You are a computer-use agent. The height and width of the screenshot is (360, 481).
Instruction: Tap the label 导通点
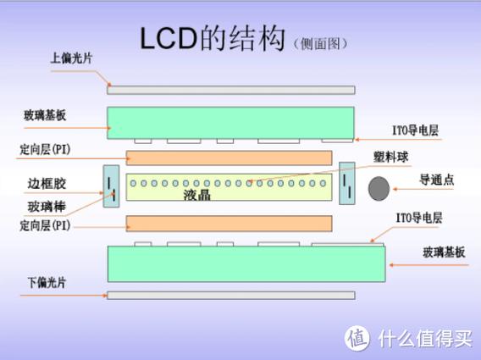[x=438, y=180]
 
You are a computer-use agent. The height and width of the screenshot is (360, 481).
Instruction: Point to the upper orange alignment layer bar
[x=229, y=158]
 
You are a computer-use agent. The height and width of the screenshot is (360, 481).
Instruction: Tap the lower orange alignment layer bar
[x=229, y=223]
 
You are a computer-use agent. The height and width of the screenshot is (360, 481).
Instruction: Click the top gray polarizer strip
[x=231, y=89]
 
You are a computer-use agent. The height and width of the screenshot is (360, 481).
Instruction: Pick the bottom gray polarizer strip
[x=231, y=295]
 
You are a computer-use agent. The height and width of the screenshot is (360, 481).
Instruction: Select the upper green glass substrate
[x=231, y=122]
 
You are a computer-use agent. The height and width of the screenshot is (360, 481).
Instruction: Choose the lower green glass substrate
[x=246, y=263]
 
